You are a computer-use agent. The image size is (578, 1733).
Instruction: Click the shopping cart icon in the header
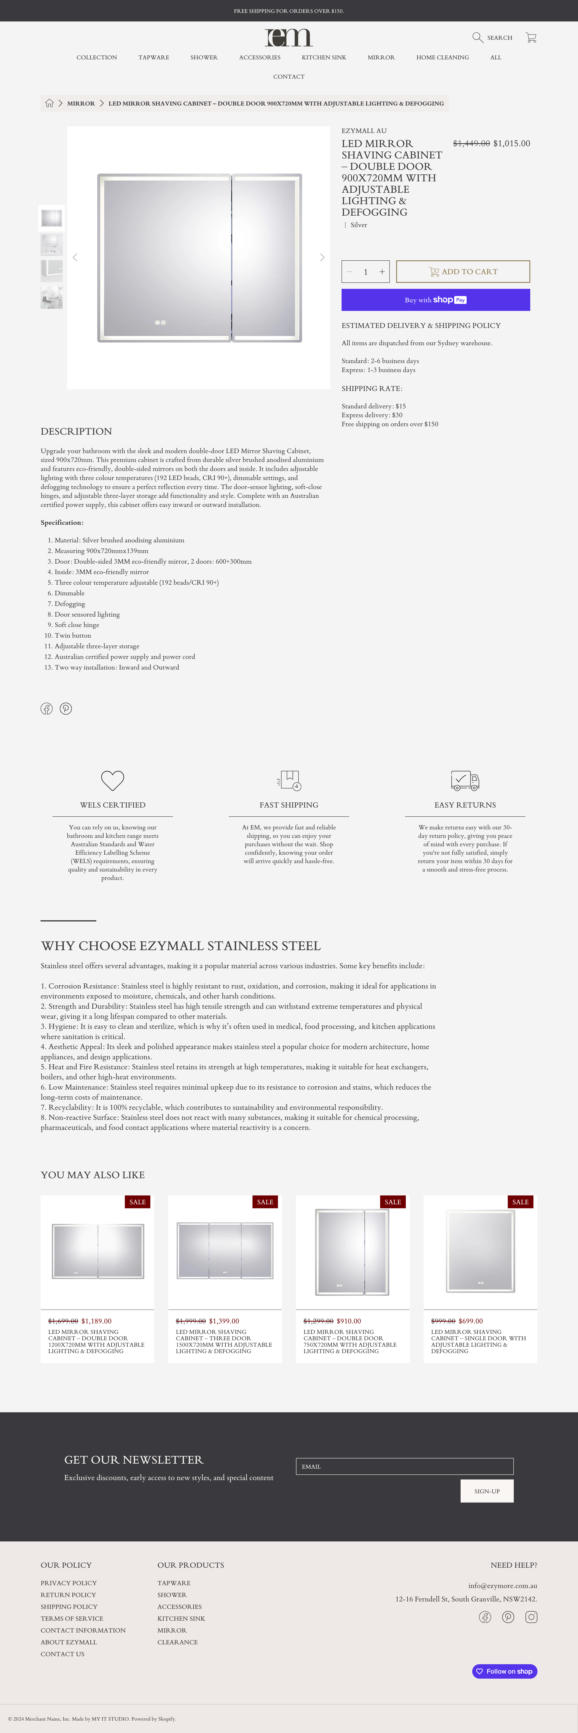click(x=531, y=38)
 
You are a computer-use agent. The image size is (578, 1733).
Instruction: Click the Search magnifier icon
click(x=478, y=38)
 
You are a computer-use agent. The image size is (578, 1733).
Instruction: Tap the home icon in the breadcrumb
click(x=49, y=104)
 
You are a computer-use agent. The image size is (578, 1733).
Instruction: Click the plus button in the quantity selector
click(x=382, y=272)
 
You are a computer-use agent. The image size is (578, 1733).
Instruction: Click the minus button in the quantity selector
click(x=349, y=272)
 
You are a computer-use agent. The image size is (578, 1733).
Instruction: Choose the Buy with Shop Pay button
click(x=435, y=300)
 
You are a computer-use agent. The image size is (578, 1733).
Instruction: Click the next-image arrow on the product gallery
click(x=322, y=258)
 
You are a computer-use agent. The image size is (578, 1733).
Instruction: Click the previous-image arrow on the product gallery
click(x=75, y=258)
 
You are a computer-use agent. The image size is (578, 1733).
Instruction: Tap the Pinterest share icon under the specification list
click(x=66, y=708)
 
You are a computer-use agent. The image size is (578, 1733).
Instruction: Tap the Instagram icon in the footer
click(x=531, y=1617)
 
